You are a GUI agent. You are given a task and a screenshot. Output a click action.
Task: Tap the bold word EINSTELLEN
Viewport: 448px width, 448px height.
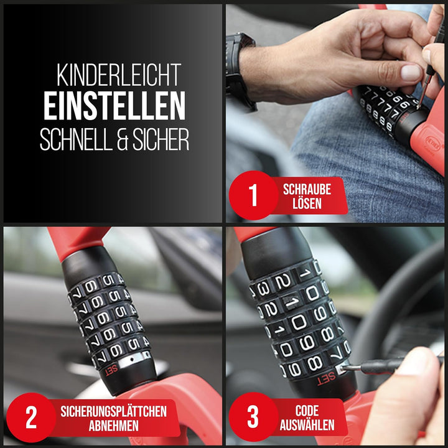[114, 106]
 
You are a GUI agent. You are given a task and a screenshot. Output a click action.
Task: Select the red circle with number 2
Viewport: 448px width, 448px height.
[30, 418]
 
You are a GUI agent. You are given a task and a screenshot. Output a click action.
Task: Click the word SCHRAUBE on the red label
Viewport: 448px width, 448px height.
[306, 190]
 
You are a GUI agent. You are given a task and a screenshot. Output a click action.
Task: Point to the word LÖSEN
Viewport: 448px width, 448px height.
[306, 204]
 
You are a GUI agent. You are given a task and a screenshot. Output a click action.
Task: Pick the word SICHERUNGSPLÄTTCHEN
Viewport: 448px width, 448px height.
[113, 411]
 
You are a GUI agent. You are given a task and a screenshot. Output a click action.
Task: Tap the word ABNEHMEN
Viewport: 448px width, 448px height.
[113, 426]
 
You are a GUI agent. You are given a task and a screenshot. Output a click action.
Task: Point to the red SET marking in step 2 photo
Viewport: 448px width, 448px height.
[110, 368]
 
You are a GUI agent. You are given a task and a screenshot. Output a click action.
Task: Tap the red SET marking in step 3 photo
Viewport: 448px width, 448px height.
[326, 378]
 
